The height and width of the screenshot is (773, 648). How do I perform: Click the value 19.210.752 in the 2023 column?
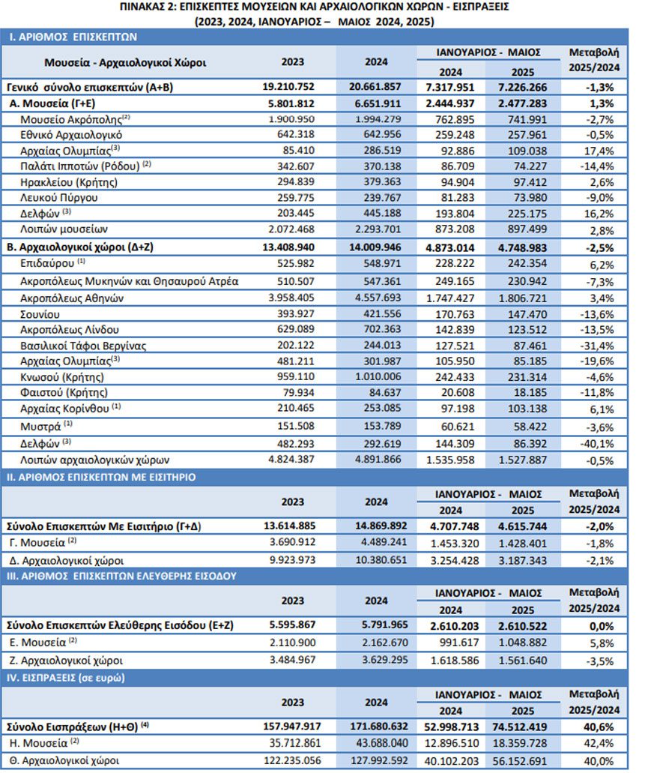[288, 87]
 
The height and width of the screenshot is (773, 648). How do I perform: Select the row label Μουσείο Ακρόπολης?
[71, 119]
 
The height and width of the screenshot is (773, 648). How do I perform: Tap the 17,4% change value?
[600, 151]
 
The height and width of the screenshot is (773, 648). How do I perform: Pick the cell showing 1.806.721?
[522, 298]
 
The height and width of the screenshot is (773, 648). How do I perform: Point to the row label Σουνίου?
[40, 315]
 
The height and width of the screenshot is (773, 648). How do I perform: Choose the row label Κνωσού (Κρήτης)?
[62, 377]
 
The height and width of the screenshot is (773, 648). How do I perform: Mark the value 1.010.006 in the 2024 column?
[378, 376]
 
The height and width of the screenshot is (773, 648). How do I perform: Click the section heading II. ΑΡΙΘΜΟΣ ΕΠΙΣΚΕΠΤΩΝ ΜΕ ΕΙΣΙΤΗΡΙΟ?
[101, 477]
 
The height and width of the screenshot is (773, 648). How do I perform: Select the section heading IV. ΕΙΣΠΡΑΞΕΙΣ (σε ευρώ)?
[65, 678]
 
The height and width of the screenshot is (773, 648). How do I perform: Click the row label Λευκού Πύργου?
[59, 198]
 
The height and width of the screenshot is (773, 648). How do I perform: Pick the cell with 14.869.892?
[381, 526]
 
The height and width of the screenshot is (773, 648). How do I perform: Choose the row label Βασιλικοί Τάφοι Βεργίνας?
[83, 346]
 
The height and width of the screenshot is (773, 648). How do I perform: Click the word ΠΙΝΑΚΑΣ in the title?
[143, 7]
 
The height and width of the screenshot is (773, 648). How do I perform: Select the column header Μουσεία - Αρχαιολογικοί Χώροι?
[125, 63]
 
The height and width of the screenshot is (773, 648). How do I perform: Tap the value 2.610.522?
[522, 626]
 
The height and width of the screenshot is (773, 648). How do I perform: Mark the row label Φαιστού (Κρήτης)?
[64, 392]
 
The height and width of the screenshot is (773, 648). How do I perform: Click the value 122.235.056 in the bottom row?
[292, 760]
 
